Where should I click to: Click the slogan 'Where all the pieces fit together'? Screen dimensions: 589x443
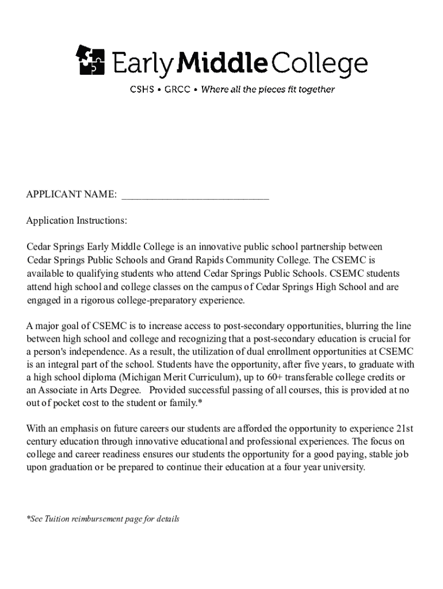point(268,90)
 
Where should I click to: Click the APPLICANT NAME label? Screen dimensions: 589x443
point(72,195)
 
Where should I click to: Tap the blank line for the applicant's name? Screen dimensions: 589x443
point(195,196)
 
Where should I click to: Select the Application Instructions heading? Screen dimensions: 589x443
point(77,221)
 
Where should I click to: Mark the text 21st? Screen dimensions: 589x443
point(405,429)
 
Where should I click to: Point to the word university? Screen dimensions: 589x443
point(344,467)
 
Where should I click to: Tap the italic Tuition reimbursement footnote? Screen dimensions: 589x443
point(103,519)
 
